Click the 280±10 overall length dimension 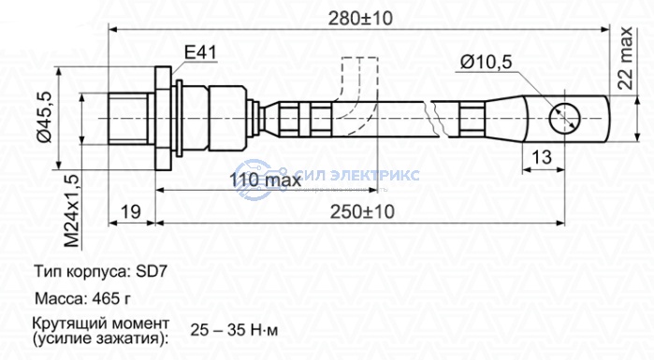(x=360, y=19)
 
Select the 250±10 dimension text (x=362, y=211)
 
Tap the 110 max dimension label (x=266, y=180)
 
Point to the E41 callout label (x=200, y=53)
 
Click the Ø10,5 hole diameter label (x=486, y=62)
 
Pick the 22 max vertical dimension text (x=625, y=58)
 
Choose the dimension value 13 (x=542, y=157)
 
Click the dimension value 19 (x=131, y=211)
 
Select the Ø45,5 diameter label (x=45, y=117)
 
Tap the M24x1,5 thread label (x=72, y=211)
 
